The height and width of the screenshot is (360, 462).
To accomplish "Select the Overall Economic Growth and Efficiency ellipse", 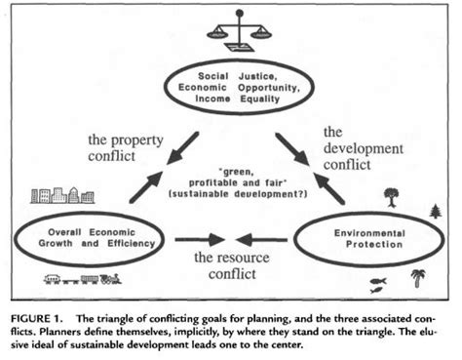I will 90,238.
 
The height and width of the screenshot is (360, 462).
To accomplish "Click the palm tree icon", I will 418,278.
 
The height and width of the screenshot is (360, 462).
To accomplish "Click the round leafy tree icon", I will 391,197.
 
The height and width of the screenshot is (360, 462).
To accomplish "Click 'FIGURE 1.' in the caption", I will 42,319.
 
